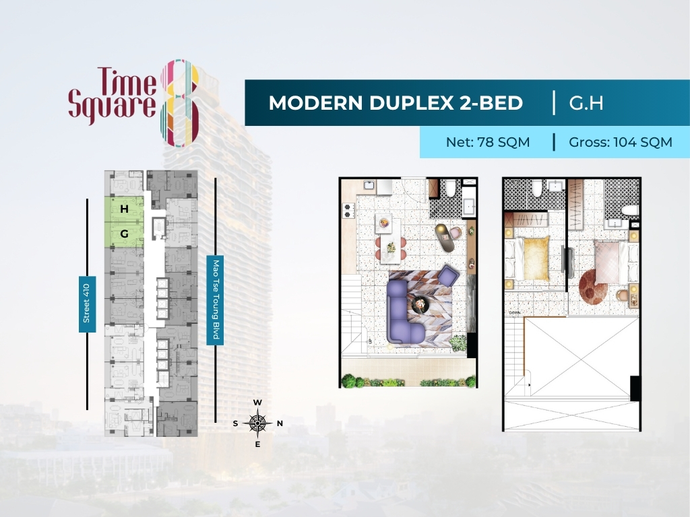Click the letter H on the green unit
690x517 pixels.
(x=124, y=209)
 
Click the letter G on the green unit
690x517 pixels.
(x=125, y=234)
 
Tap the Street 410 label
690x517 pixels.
(x=87, y=304)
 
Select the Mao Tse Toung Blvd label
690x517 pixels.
(x=215, y=300)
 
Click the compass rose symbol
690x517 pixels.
(x=257, y=423)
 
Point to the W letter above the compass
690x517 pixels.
(x=257, y=403)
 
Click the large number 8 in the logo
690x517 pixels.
(x=180, y=103)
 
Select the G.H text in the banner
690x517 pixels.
(x=586, y=103)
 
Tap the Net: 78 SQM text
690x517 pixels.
(x=488, y=143)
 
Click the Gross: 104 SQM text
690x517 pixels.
(x=621, y=143)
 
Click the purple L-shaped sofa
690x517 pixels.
(x=403, y=312)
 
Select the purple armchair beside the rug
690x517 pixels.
(x=448, y=276)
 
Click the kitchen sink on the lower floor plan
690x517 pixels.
(x=369, y=185)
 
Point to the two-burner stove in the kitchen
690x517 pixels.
(x=348, y=211)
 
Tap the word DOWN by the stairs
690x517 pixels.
(x=514, y=313)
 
